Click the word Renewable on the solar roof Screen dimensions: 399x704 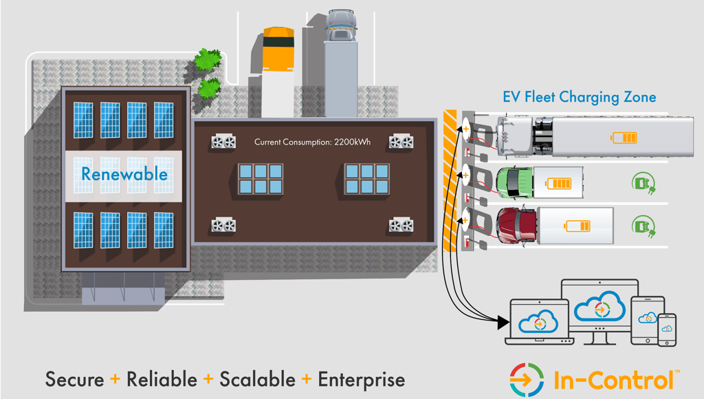[124, 174]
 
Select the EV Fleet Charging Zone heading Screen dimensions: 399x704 [579, 97]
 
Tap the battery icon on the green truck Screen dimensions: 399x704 [558, 183]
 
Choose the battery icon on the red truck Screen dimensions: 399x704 [577, 226]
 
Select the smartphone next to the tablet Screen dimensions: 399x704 [666, 330]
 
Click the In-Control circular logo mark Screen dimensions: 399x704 [527, 379]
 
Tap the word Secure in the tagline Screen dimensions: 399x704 [75, 379]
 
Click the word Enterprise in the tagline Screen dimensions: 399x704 [361, 379]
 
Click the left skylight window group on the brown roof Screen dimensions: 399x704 [260, 179]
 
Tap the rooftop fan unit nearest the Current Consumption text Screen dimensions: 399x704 [223, 142]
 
